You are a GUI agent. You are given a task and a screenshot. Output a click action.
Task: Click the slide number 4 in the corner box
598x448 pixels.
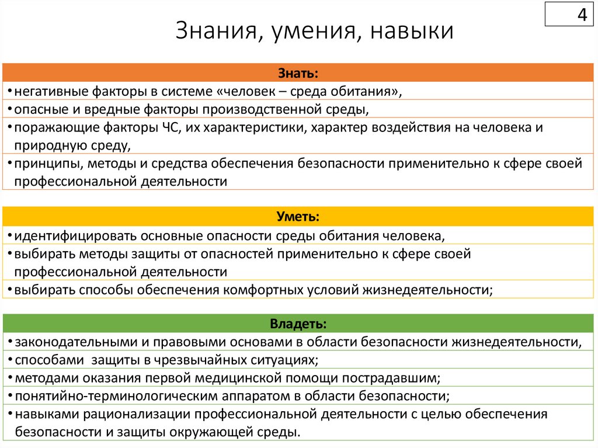[582, 15]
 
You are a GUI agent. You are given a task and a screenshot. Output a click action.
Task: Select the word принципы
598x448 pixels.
[43, 164]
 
